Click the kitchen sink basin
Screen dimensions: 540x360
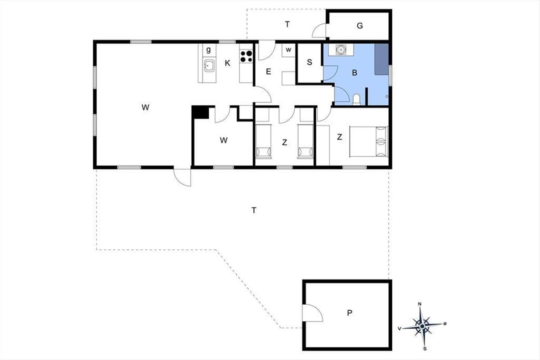coord(209,65)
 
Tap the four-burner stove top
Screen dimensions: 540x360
coord(246,56)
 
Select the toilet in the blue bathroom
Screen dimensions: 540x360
coord(356,99)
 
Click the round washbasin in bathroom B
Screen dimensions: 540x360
coord(341,49)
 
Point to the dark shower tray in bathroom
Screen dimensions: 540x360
coord(382,59)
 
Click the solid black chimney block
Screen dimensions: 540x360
coord(201,112)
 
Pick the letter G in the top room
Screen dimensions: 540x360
coord(360,26)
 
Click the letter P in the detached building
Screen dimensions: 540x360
coord(350,313)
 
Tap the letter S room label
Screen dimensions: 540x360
coord(310,62)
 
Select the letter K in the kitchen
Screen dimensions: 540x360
coord(227,63)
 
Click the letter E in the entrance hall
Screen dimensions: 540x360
coord(268,72)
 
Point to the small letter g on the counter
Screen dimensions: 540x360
coord(208,50)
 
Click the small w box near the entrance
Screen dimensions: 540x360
coord(288,50)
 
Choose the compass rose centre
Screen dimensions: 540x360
coord(422,326)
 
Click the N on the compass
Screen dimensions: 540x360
coord(420,304)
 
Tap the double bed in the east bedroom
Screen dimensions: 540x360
coord(369,142)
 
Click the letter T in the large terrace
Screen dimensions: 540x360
coord(254,211)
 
